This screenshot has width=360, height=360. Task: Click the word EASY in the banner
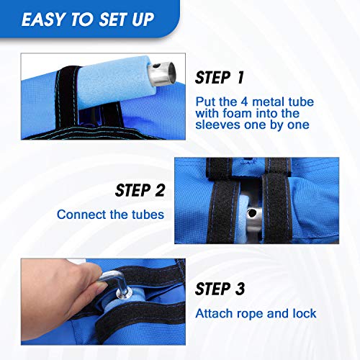44,19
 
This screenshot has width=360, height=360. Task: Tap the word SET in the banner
114,19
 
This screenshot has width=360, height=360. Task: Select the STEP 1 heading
220,78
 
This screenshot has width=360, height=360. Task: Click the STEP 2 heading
140,190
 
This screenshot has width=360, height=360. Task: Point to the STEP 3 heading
220,289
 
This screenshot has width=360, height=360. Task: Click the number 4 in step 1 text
244,102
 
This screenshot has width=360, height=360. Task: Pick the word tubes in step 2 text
148,215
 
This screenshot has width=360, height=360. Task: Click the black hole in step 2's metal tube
252,213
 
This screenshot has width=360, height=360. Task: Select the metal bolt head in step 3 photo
123,293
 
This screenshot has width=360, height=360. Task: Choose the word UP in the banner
143,19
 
